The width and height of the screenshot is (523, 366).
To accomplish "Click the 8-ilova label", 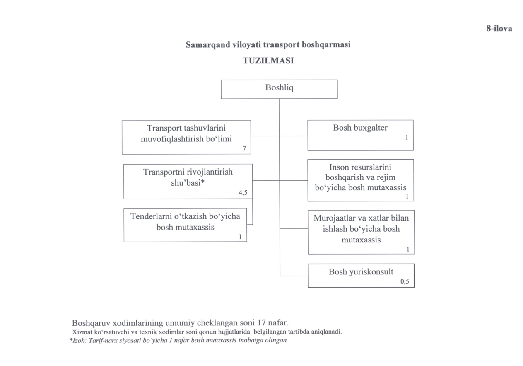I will (499, 29).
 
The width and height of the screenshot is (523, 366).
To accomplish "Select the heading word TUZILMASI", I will (268, 60).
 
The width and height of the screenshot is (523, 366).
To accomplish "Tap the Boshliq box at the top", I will (279, 88).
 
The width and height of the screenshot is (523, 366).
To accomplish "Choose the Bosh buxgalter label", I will (360, 128).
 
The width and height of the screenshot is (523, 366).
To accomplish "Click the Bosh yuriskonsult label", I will (361, 272).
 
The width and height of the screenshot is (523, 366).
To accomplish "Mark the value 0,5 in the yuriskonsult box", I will (405, 282).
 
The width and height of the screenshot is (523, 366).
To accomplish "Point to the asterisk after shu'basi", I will (203, 182).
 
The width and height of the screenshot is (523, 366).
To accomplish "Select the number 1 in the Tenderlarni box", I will (240, 237).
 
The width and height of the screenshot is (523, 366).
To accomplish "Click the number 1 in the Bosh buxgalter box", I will (407, 136).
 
